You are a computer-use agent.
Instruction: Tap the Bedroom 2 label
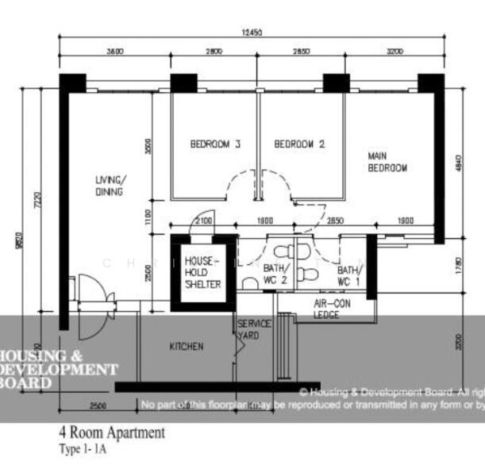[x=299, y=144]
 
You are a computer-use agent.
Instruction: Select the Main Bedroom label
[x=387, y=162]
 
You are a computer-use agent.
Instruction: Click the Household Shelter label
[x=202, y=272]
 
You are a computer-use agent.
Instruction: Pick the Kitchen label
[x=187, y=347]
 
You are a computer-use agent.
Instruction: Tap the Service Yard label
[x=255, y=329]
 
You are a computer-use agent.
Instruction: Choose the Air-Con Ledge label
[x=327, y=309]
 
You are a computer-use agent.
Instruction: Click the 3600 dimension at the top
[x=114, y=52]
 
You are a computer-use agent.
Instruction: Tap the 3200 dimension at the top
[x=395, y=52]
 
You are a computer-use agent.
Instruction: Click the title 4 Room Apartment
[x=112, y=433]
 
